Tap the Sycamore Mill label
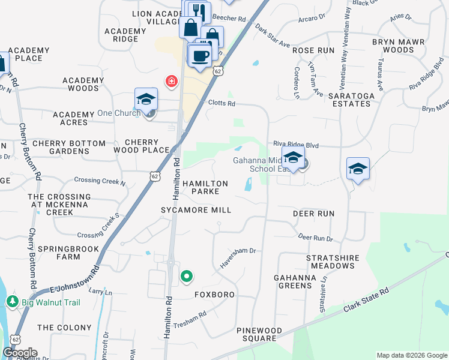[196, 210]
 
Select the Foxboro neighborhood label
[214, 295]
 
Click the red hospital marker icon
[172, 80]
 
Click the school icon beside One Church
[146, 100]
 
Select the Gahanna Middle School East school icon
[293, 158]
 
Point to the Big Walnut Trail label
[51, 302]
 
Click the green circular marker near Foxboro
[187, 277]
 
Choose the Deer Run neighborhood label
[313, 214]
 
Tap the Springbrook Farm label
[59, 253]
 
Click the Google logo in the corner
[20, 353]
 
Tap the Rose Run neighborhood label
[313, 50]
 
